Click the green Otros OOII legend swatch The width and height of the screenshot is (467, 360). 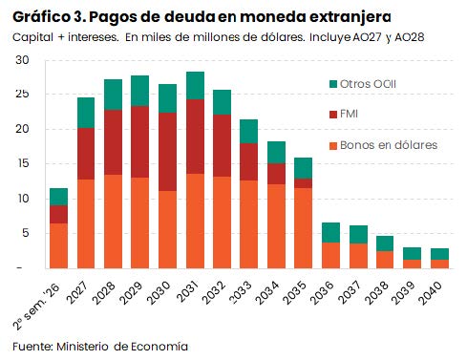[333, 84]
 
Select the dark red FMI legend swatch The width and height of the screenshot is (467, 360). [333, 115]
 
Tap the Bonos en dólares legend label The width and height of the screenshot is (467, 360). [389, 145]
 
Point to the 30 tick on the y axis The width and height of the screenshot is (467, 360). [22, 60]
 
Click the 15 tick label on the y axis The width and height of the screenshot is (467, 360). [22, 163]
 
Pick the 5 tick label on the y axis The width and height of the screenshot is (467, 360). [25, 233]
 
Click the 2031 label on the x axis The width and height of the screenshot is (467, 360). [189, 292]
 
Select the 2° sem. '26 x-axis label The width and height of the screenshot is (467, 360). [35, 307]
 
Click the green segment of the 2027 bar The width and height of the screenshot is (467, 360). [86, 113]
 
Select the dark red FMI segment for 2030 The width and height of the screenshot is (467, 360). [167, 152]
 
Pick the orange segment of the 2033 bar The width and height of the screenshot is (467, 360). [248, 224]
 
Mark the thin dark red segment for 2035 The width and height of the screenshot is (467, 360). [303, 183]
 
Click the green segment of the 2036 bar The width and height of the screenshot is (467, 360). [330, 233]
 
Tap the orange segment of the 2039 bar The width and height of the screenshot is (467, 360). [412, 265]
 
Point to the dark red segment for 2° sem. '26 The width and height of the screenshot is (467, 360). [58, 215]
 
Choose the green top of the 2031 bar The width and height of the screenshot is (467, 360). [196, 86]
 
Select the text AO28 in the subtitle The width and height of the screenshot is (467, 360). [410, 37]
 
